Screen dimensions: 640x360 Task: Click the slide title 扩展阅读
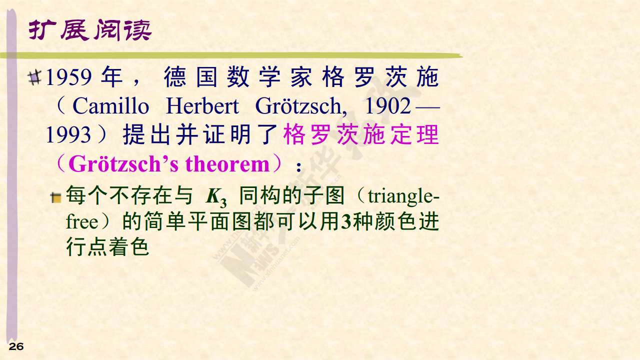click(x=90, y=30)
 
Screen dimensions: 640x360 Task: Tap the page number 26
click(x=16, y=346)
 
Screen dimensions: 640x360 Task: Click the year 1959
click(x=68, y=77)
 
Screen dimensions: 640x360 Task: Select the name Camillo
click(x=111, y=106)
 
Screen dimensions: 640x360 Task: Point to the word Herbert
click(x=202, y=106)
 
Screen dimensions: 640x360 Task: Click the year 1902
click(x=388, y=106)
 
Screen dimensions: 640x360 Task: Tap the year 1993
click(x=68, y=134)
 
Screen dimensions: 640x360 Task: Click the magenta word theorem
click(x=227, y=164)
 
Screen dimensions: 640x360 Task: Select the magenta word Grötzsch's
click(x=123, y=164)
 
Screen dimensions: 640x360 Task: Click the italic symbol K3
click(x=216, y=197)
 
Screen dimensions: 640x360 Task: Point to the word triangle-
click(x=403, y=197)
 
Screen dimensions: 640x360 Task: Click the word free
click(x=82, y=222)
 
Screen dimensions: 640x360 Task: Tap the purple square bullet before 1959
click(x=34, y=77)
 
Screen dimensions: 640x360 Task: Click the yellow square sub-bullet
click(x=56, y=197)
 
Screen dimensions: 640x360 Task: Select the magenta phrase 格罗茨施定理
click(x=361, y=134)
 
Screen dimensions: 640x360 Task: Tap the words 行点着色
click(x=107, y=246)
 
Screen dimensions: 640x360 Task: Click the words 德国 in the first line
click(x=190, y=77)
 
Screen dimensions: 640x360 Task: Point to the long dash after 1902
click(x=427, y=108)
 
